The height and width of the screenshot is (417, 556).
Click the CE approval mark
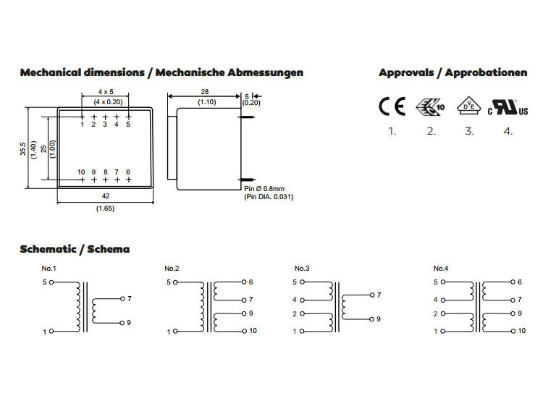(x=392, y=106)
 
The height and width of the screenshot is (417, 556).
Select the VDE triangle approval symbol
(x=469, y=105)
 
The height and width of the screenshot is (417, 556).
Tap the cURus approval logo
(x=507, y=107)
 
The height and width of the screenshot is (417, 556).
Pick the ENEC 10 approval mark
(x=430, y=107)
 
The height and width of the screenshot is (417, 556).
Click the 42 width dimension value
(x=106, y=196)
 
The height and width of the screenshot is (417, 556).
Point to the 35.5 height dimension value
(x=23, y=149)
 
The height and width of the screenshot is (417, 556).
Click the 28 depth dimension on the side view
(x=205, y=92)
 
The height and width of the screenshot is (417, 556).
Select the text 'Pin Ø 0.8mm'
(x=264, y=189)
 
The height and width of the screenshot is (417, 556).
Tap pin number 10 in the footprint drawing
(x=81, y=172)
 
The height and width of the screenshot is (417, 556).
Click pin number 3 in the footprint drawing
(x=105, y=125)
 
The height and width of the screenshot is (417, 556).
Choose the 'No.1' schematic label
(x=49, y=269)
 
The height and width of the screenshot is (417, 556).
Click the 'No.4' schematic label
(x=441, y=269)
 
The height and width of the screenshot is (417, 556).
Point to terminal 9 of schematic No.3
(x=371, y=319)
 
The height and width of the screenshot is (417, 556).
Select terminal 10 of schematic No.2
(x=244, y=331)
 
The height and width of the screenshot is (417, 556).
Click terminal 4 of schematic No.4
(x=443, y=300)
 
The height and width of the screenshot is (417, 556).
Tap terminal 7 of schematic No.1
(x=122, y=299)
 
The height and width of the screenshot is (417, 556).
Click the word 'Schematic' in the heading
(x=49, y=249)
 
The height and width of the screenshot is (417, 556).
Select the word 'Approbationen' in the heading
(x=486, y=72)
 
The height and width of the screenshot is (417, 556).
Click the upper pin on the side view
(x=248, y=117)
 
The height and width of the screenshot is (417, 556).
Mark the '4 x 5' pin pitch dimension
(x=106, y=92)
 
